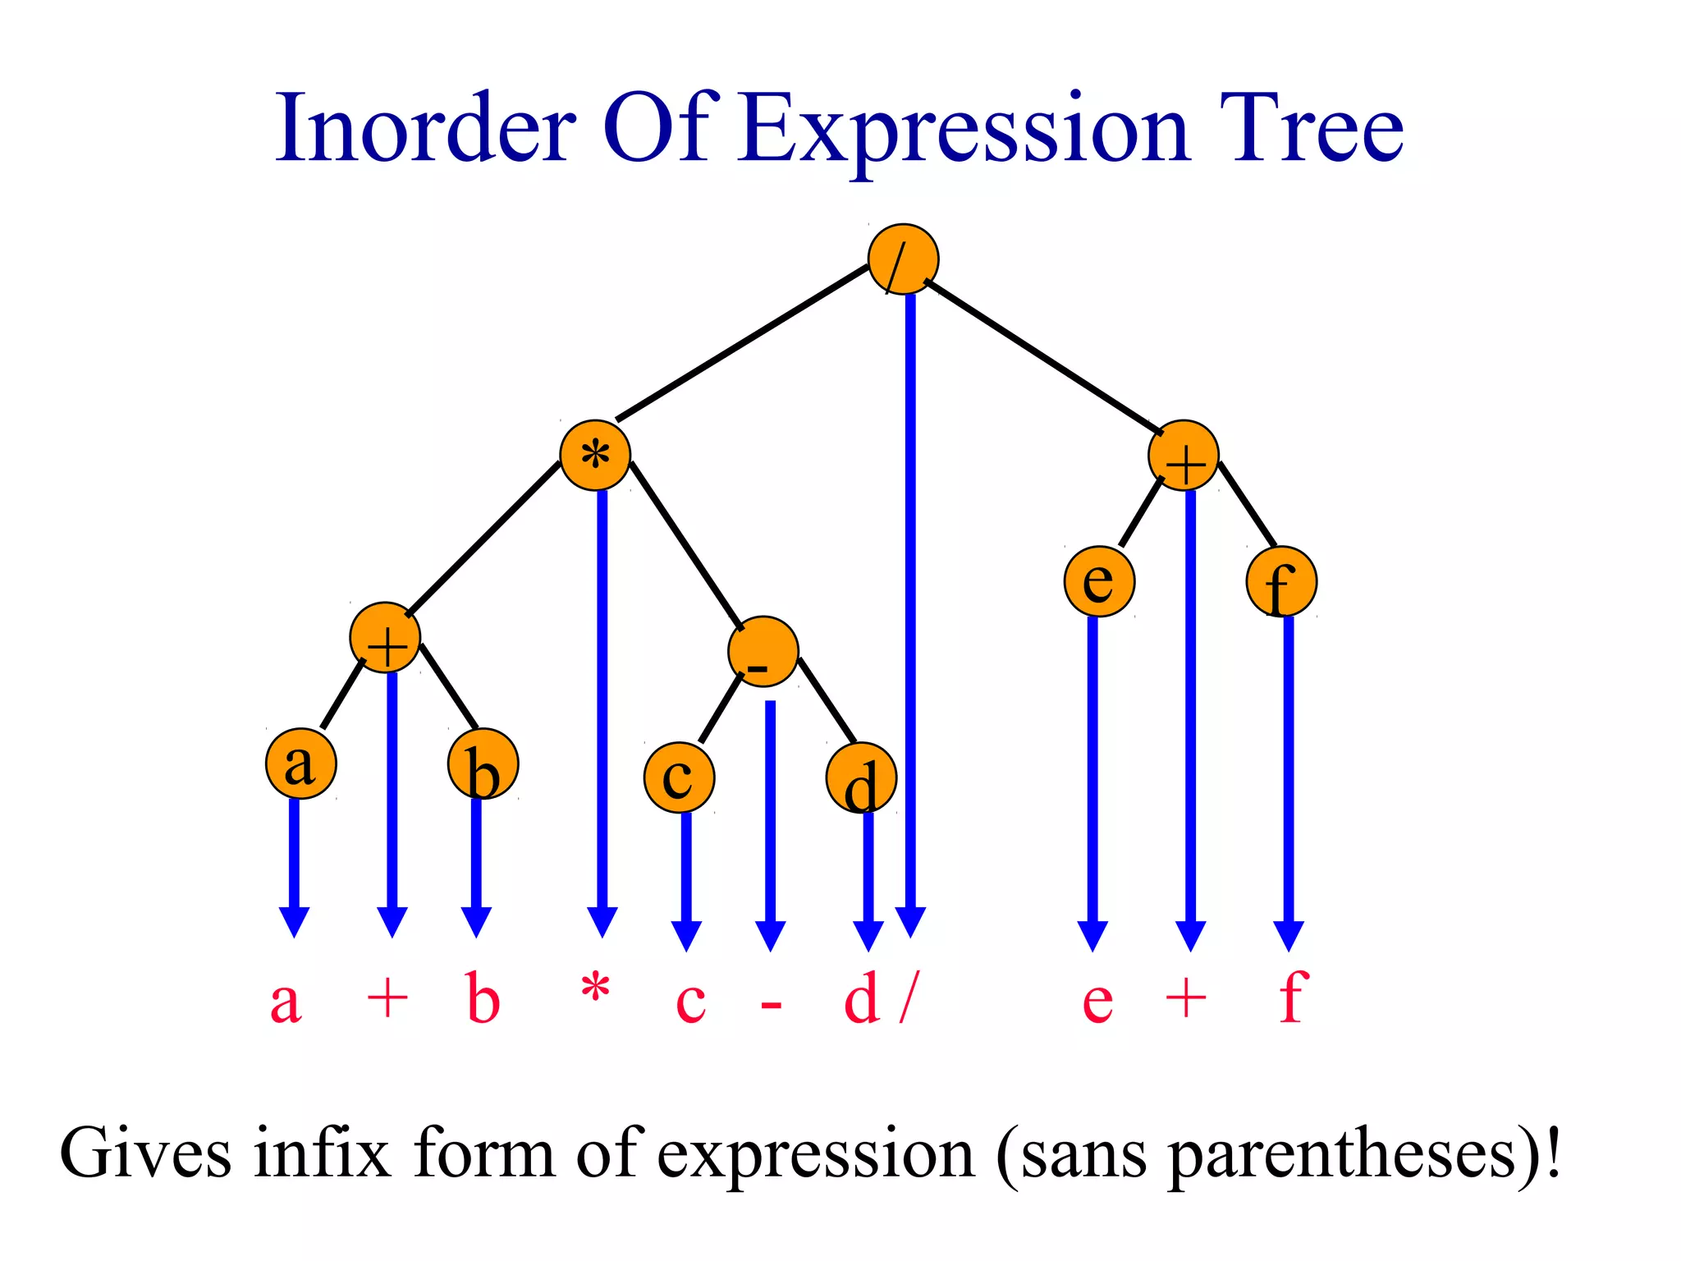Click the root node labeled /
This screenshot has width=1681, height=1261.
(903, 259)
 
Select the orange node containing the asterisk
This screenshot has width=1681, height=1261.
(595, 455)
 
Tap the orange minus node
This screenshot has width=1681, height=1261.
(763, 651)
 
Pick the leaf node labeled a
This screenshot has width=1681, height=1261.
(301, 763)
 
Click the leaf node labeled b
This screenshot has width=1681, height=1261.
(483, 763)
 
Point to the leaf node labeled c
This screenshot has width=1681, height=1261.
(679, 777)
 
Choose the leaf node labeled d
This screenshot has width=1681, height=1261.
(861, 777)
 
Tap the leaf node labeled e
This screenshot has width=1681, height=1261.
(1099, 581)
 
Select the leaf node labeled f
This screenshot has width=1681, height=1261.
(1281, 581)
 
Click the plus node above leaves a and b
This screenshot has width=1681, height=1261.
(385, 637)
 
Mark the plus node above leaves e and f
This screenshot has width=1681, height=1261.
(1184, 455)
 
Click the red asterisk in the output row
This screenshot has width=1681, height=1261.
(595, 988)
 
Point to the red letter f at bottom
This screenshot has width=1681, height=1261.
(1293, 997)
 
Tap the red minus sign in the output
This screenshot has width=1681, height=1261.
(771, 1004)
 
